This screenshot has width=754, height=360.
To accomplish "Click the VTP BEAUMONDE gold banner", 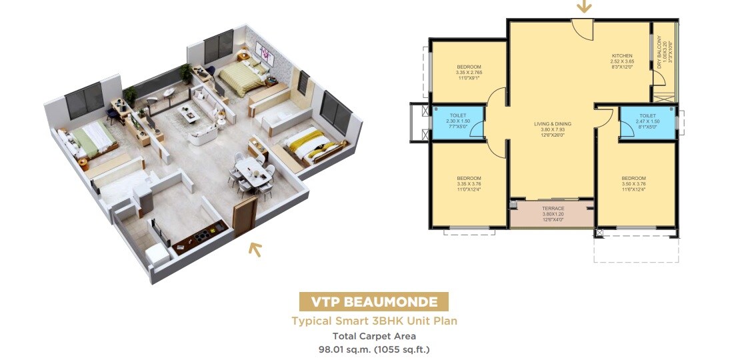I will [373, 301].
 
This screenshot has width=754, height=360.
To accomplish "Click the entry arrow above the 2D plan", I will [584, 7].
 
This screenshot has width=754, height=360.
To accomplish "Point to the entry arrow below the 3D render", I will [255, 249].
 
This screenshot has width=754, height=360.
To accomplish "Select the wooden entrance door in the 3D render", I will [245, 215].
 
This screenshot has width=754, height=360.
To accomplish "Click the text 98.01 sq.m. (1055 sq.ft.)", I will [374, 349].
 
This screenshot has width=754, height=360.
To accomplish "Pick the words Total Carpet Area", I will [374, 336].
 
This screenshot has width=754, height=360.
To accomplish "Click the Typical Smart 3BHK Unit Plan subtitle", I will [374, 321].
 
